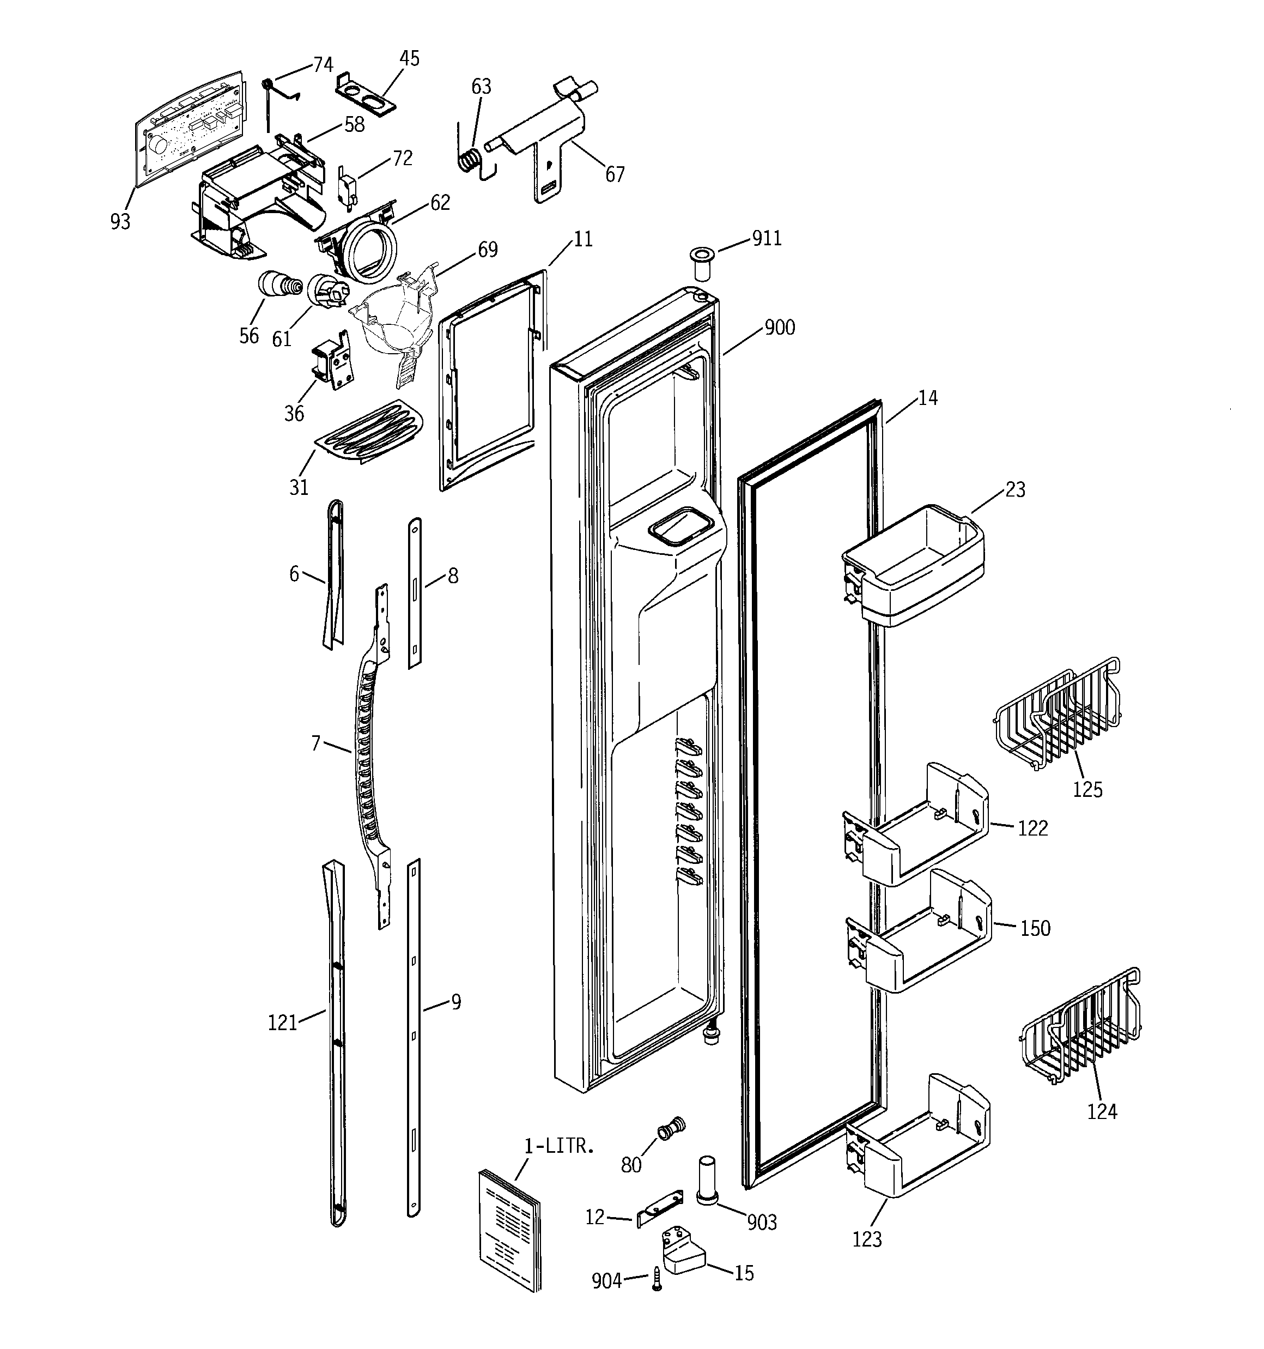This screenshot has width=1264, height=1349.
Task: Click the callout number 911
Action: coord(767,238)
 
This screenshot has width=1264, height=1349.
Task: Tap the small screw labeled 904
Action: coord(656,1279)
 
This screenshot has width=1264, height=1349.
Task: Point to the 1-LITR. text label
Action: coord(559,1147)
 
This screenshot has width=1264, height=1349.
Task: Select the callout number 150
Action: coord(1035,928)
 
